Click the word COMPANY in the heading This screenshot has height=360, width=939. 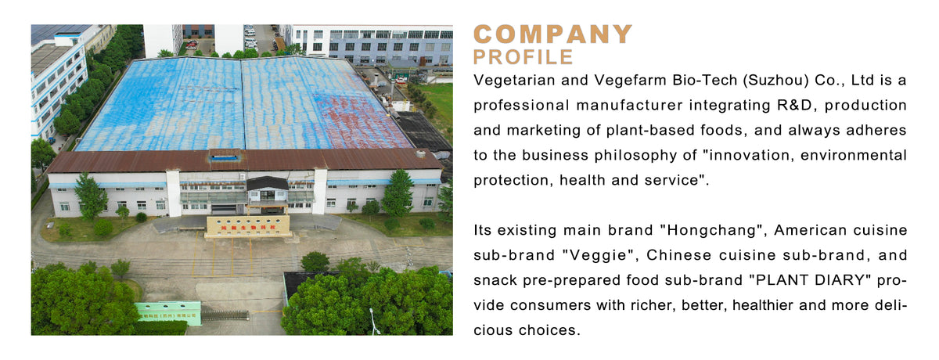click(552, 34)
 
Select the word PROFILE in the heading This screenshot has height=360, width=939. click(523, 57)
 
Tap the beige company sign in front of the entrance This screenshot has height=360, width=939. click(247, 225)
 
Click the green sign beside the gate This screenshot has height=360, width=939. click(167, 311)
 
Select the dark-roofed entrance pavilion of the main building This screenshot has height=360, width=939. click(267, 188)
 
